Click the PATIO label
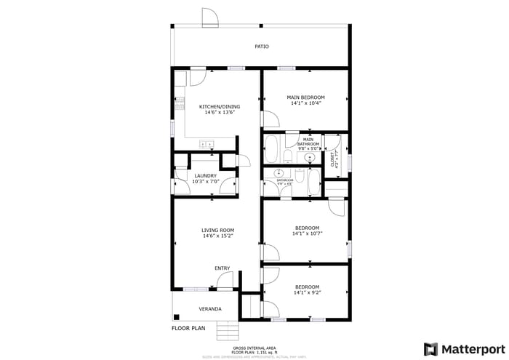coord(261,47)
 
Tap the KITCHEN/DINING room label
coord(220,107)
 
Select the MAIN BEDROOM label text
coord(305,97)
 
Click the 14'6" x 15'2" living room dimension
coord(217,236)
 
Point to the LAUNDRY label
coord(205,175)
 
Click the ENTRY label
coord(223,268)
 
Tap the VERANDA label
coord(210,309)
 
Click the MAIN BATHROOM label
coord(308,142)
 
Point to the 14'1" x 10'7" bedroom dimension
coord(306,234)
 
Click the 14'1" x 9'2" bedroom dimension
coord(306,293)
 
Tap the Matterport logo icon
coord(430,348)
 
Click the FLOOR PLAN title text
coord(188,329)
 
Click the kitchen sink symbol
coord(206,144)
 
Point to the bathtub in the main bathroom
coord(271,148)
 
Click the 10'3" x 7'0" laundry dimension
coord(205,181)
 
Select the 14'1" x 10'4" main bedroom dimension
coord(305,103)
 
